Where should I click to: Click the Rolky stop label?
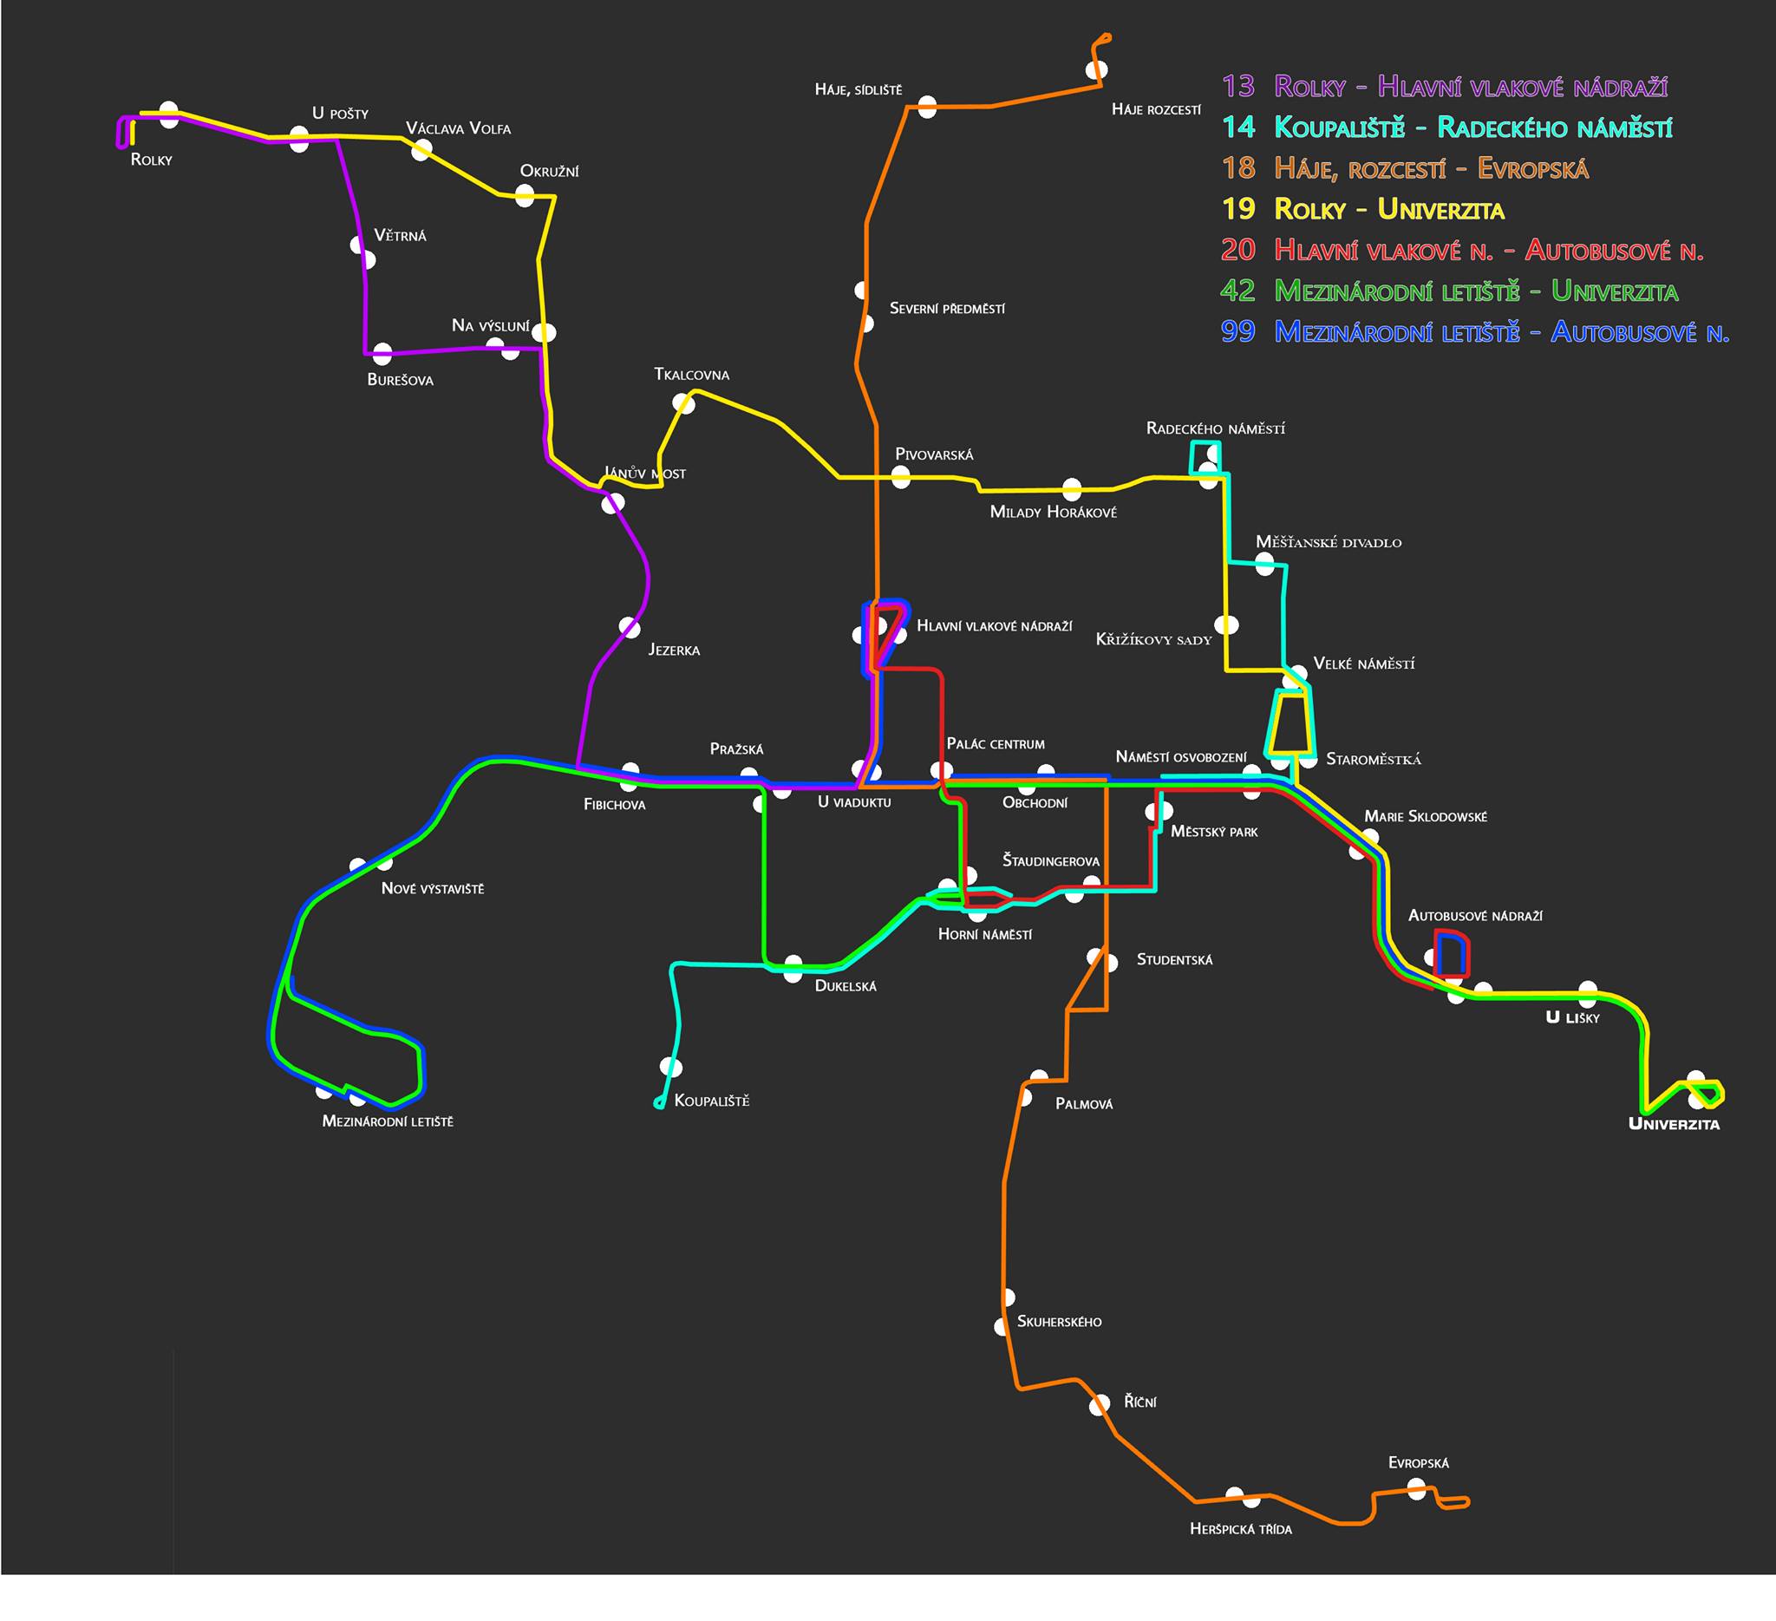tap(152, 160)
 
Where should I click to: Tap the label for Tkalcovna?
tap(691, 376)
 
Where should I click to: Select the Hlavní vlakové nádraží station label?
tap(995, 626)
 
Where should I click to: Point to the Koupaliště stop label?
tap(712, 1101)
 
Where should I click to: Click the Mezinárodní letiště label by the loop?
tap(388, 1122)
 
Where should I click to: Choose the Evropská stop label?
tap(1419, 1463)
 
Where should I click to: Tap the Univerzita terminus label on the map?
tap(1674, 1124)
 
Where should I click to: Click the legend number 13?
tap(1237, 87)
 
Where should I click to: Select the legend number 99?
tap(1237, 331)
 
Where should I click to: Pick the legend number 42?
tap(1237, 291)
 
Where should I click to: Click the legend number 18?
tap(1237, 168)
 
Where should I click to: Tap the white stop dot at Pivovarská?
tap(900, 478)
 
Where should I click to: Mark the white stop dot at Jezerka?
tap(629, 627)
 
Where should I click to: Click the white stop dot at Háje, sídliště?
tap(927, 108)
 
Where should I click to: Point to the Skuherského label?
tap(1059, 1322)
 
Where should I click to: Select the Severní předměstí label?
tap(947, 310)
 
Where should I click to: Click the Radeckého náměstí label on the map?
tap(1215, 429)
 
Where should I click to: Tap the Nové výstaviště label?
tap(433, 889)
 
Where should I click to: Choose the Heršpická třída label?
tap(1240, 1529)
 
